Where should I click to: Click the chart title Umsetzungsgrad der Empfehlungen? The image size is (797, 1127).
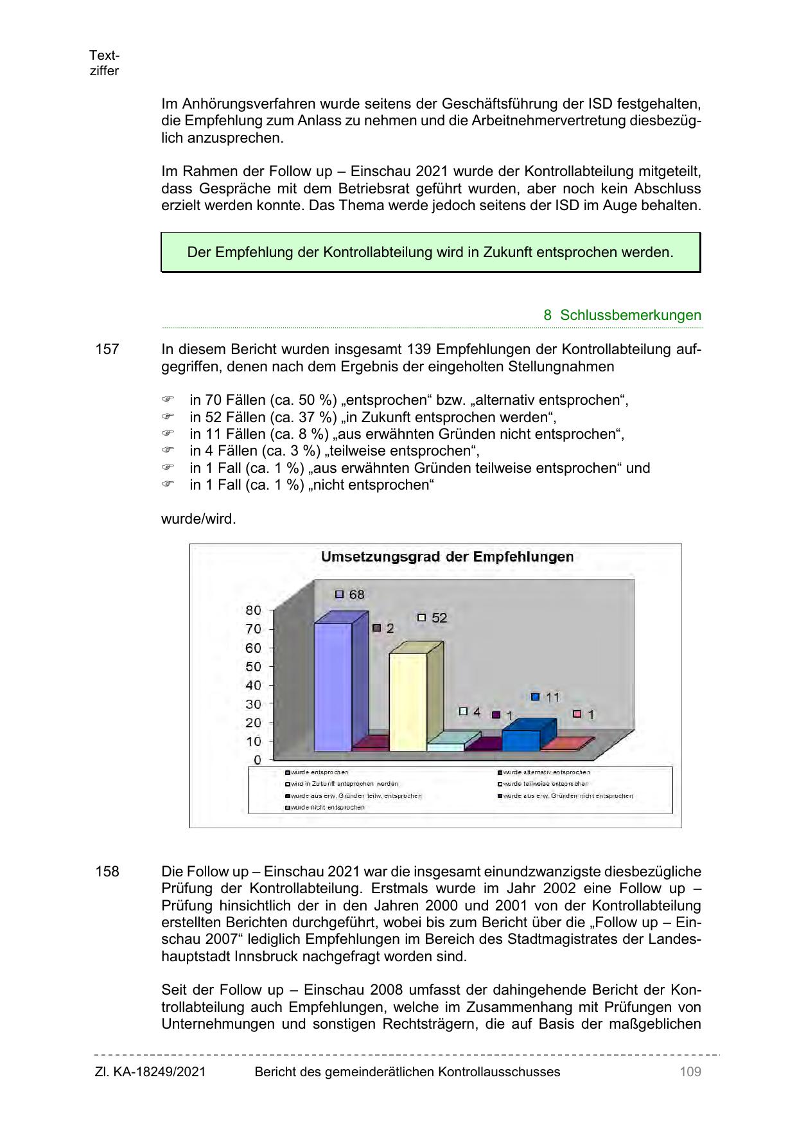[x=447, y=557]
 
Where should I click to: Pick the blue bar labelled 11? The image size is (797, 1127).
[x=521, y=740]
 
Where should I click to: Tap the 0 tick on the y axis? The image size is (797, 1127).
[x=257, y=760]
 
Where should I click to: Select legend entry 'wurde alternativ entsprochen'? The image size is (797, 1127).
[x=546, y=772]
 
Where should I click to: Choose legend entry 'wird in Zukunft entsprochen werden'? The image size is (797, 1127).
[x=344, y=784]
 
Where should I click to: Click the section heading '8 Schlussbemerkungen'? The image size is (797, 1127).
[x=622, y=315]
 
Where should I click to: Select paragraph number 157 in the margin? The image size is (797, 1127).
[x=107, y=350]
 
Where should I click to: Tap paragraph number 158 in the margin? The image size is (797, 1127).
[x=107, y=872]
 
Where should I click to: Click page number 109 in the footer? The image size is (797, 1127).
[x=690, y=1072]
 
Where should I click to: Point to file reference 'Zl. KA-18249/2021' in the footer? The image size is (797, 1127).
[x=150, y=1072]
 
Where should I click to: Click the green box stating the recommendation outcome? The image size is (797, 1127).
[x=430, y=253]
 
